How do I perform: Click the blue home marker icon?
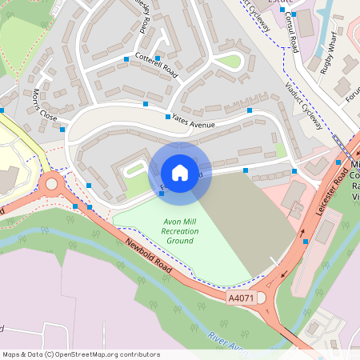179,173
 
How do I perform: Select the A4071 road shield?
240,298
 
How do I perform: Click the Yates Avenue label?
194,121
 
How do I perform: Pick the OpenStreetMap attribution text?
80,354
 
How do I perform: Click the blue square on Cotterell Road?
126,59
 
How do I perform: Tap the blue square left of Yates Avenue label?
146,104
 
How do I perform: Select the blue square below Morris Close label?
62,129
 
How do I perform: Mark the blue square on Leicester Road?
306,241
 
